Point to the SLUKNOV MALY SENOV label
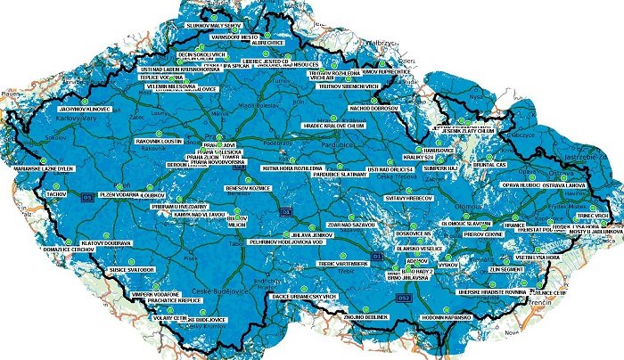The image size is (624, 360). [x=213, y=27]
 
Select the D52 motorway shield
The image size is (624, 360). [x=403, y=296]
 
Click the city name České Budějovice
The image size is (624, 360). [x=217, y=293]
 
